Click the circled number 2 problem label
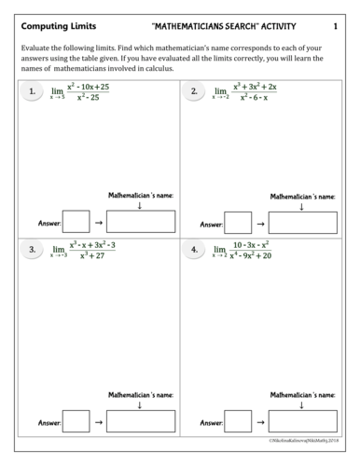[194, 91]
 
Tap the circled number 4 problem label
[194, 250]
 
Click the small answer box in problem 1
[76, 222]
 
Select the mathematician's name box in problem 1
[140, 222]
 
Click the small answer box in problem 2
[239, 222]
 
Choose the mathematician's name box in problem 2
[302, 222]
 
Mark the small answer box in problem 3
[76, 421]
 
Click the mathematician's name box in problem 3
[140, 421]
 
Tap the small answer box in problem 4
[239, 421]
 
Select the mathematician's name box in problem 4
[302, 421]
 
